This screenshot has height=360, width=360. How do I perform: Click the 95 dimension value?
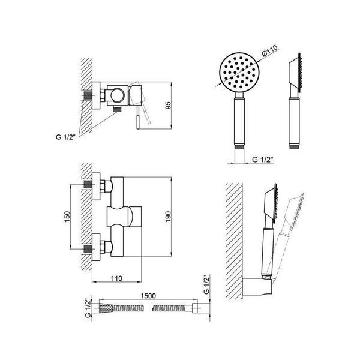pyautogui.click(x=169, y=106)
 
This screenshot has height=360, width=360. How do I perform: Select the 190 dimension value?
pyautogui.click(x=169, y=217)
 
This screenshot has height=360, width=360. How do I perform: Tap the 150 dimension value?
pyautogui.click(x=67, y=217)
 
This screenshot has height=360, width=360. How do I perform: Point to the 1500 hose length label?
pyautogui.click(x=148, y=296)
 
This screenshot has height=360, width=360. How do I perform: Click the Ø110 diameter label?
pyautogui.click(x=270, y=50)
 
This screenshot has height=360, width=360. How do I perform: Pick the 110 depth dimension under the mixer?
pyautogui.click(x=116, y=278)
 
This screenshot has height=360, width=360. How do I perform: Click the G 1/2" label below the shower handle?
pyautogui.click(x=262, y=160)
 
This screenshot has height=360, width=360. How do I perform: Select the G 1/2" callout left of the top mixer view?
pyautogui.click(x=65, y=137)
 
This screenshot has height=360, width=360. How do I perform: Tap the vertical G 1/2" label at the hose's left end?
pyautogui.click(x=88, y=308)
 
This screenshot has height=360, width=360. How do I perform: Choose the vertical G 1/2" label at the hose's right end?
pyautogui.click(x=206, y=284)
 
